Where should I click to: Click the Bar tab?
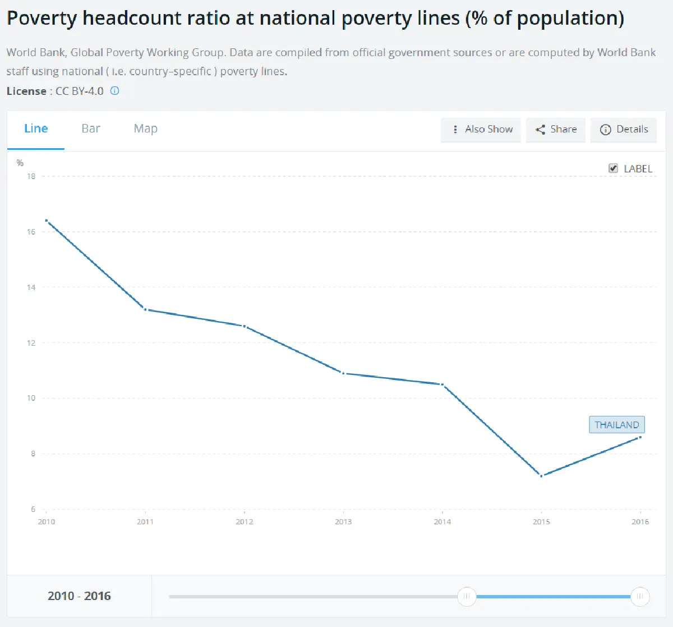pos(91,129)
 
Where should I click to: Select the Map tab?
pos(145,129)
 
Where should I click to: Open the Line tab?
pos(36,129)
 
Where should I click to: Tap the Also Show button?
pos(481,130)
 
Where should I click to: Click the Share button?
pos(555,130)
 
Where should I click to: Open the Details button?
pos(624,130)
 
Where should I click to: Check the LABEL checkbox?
pos(614,168)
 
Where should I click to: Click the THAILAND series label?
pos(616,425)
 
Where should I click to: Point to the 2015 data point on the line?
pos(541,476)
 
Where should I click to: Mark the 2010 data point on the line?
pos(47,221)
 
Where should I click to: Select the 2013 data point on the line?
pos(343,373)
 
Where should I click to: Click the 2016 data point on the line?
pos(640,437)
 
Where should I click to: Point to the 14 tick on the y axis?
pos(31,287)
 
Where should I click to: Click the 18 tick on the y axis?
pos(31,176)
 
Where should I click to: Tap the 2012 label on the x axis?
pos(245,522)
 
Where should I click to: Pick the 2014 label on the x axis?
pos(442,522)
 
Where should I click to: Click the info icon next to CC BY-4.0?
pos(114,91)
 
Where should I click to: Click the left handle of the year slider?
pos(467,596)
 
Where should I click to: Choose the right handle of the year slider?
pos(640,596)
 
